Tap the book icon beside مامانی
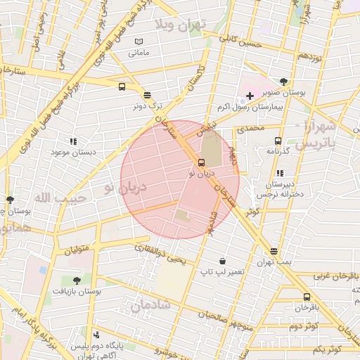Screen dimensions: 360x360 pos(139,41)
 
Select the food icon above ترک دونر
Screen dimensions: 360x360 pos(147,95)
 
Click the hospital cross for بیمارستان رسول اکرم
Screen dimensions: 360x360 pos(250,96)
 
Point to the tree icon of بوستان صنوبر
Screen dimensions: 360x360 pos(283,82)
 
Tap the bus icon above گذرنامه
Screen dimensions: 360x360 pos(278,141)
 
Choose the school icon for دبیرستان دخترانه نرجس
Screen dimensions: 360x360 pos(280,173)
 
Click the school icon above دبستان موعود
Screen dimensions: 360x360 pos(73,141)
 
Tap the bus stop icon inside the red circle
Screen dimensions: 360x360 pos(202,163)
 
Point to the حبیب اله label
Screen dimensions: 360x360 pos(60,198)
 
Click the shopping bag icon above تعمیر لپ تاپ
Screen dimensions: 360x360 pos(222,261)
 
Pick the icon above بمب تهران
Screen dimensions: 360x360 pos(274,251)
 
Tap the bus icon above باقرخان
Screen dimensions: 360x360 pos(307,297)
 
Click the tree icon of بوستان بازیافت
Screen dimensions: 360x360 pos(77,281)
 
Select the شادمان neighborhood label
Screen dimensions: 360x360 pos(150,305)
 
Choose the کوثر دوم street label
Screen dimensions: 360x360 pos(304,326)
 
